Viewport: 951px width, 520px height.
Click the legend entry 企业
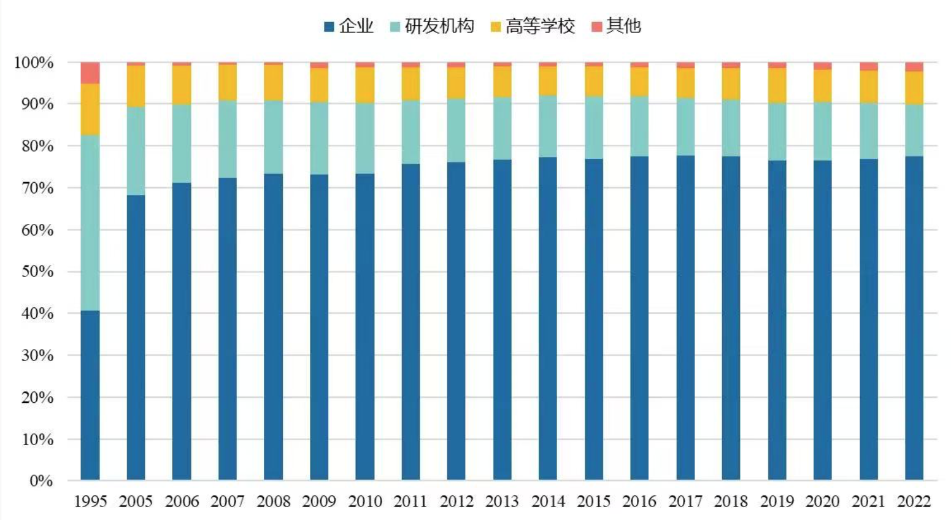349,26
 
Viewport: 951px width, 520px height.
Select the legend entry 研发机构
432,26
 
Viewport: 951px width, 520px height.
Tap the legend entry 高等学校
533,26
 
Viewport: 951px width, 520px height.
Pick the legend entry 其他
616,26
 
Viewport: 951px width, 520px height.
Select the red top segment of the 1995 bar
90,72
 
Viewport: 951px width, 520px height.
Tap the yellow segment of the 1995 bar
90,109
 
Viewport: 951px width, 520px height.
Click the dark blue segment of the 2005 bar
136,337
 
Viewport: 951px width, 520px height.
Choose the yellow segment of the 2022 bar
914,88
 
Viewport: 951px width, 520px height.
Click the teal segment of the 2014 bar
547,126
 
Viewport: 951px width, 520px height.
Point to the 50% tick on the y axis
37,272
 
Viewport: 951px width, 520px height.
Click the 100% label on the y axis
34,63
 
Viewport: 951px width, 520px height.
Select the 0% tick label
41,481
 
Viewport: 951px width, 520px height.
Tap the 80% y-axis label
37,146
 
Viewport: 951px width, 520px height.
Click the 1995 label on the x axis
90,502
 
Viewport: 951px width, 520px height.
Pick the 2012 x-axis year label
456,502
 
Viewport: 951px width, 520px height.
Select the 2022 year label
914,502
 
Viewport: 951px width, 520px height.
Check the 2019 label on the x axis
777,502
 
